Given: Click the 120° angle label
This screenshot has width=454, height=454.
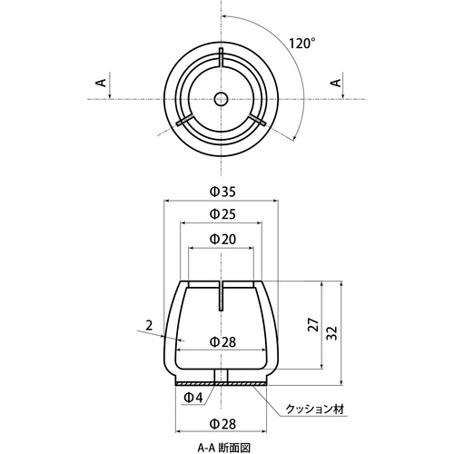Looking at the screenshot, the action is pyautogui.click(x=301, y=44).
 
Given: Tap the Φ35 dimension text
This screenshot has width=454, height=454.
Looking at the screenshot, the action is pyautogui.click(x=222, y=192).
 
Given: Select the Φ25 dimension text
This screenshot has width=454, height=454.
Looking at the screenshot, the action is pyautogui.click(x=222, y=214).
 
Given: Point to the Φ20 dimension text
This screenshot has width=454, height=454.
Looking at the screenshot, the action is pyautogui.click(x=222, y=239).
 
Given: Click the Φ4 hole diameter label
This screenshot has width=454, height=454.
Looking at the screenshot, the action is pyautogui.click(x=193, y=398).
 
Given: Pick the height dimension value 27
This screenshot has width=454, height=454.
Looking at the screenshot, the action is pyautogui.click(x=314, y=325).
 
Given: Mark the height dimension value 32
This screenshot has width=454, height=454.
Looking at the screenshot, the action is pyautogui.click(x=332, y=333).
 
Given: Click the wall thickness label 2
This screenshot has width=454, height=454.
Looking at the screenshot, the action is pyautogui.click(x=149, y=326).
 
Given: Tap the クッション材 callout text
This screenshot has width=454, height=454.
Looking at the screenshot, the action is pyautogui.click(x=315, y=410).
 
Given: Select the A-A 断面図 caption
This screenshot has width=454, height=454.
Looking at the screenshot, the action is pyautogui.click(x=224, y=448).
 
